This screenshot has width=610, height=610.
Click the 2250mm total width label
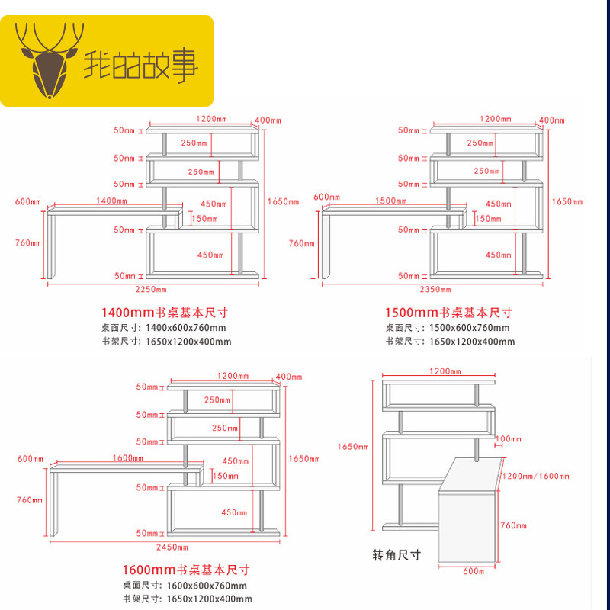[152, 290]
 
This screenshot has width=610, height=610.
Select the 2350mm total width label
[435, 290]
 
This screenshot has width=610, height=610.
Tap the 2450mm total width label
[172, 547]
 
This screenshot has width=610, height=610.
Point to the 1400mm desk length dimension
[111, 201]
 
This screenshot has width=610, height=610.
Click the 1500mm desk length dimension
[390, 201]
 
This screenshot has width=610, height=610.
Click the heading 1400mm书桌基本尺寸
[165, 313]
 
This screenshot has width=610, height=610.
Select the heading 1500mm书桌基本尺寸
[448, 313]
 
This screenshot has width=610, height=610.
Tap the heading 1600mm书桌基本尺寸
[186, 570]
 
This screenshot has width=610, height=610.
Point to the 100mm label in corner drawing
[508, 439]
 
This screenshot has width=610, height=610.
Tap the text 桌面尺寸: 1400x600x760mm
[164, 328]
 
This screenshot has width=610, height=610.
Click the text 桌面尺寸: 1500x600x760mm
[448, 328]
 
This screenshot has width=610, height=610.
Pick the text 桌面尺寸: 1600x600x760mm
[185, 586]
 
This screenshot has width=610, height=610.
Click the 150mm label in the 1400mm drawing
[204, 219]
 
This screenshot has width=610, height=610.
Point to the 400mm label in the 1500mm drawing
[552, 120]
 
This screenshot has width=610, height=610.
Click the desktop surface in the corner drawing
[473, 473]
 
